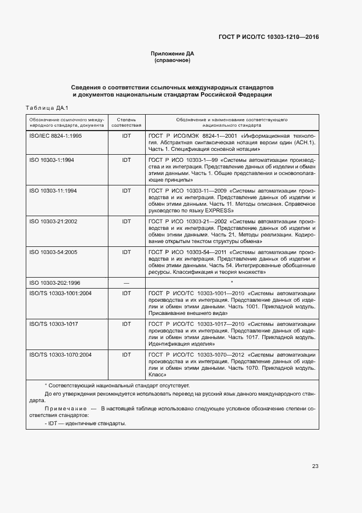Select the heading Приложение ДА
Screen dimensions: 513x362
pyautogui.click(x=173, y=54)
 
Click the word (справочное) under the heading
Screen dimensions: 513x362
pyautogui.click(x=173, y=60)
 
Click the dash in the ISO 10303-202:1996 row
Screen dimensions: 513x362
pyautogui.click(x=127, y=283)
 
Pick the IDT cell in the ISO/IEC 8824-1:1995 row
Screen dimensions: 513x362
pyautogui.click(x=127, y=136)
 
